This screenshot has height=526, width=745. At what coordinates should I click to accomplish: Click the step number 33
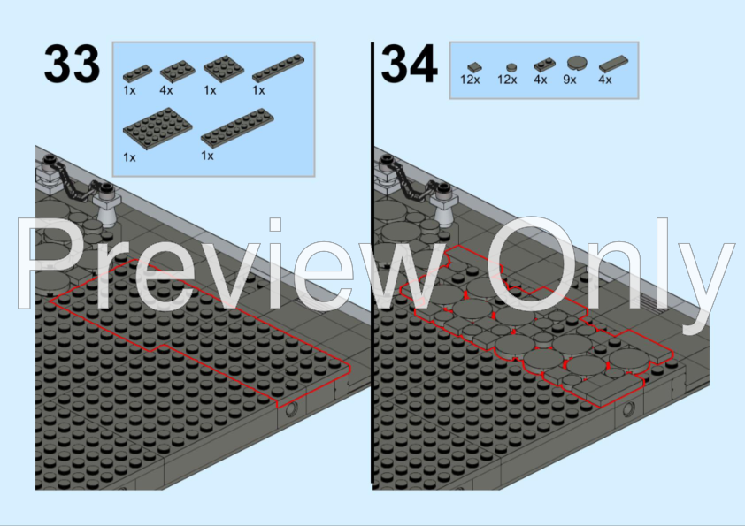(72, 63)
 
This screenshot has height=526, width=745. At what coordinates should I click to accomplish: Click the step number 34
(409, 63)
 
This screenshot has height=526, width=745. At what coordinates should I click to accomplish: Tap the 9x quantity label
(569, 80)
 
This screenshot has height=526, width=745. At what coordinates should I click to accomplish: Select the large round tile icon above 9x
(577, 63)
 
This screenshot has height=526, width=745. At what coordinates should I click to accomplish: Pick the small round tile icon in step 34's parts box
(511, 67)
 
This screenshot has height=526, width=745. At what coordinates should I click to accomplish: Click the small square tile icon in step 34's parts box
(473, 67)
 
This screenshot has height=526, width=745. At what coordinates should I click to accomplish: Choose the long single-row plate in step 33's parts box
(278, 68)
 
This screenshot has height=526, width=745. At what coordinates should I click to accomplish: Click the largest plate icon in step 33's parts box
(157, 129)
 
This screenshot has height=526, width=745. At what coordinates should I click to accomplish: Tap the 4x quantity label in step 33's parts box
(165, 89)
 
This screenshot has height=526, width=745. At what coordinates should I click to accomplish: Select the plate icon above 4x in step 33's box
(177, 71)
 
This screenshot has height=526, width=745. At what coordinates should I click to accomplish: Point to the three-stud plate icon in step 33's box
(138, 73)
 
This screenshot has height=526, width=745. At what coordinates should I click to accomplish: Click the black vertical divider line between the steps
(372, 263)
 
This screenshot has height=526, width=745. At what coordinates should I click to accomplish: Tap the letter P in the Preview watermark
(49, 263)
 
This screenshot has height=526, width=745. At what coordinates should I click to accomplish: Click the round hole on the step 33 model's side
(291, 408)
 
